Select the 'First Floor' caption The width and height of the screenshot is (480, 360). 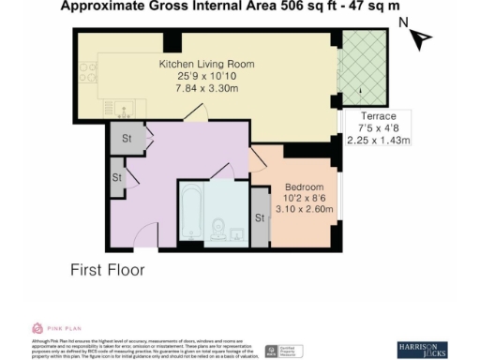(109, 271)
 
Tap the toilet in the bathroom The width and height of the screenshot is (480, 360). (219, 229)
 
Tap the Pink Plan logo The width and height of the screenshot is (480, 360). (57, 327)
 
